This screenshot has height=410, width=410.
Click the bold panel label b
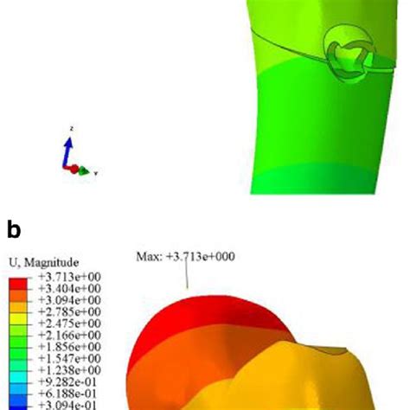point(13,229)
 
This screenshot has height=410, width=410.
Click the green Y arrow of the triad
point(85,170)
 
